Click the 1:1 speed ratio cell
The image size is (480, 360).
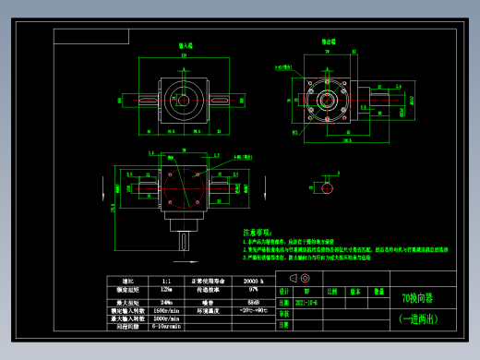click(165, 280)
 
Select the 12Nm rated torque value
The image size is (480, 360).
click(165, 290)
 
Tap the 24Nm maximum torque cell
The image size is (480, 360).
click(165, 301)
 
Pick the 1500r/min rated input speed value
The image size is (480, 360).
click(165, 310)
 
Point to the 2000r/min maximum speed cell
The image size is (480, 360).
click(165, 318)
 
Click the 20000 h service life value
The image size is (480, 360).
click(254, 280)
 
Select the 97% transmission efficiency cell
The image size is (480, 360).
click(254, 290)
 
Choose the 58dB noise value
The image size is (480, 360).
click(254, 301)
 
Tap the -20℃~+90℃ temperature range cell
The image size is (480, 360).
click(254, 310)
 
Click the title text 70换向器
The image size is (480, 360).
click(415, 297)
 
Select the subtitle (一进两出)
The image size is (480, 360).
click(415, 318)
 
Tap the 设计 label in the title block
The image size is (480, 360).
click(284, 289)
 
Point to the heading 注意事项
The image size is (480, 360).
click(258, 233)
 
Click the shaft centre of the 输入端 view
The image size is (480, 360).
click(185, 96)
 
